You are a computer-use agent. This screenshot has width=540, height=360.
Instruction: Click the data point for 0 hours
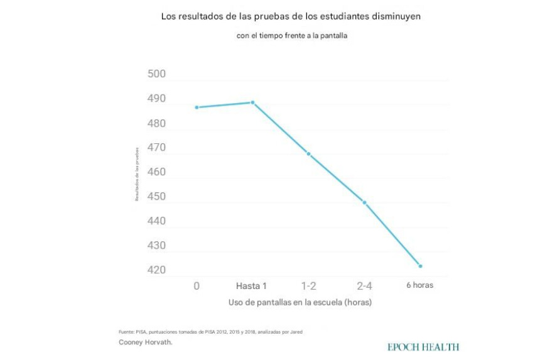pos(197,107)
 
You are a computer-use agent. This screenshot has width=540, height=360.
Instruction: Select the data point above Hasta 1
pos(252,102)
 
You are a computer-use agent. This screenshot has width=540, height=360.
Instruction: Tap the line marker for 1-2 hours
pos(308,154)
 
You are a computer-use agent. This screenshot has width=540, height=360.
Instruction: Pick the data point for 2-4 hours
pos(364,202)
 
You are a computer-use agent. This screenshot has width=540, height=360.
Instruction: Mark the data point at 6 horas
pos(420,266)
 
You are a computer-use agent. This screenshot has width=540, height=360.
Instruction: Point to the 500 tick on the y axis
pos(156,75)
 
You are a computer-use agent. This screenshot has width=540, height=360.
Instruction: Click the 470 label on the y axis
pos(156,148)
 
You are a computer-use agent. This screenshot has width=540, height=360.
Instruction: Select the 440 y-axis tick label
pos(156,221)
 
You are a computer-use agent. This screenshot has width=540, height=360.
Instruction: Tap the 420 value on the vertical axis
pos(156,271)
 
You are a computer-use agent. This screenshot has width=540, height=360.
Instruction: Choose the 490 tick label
pos(156,99)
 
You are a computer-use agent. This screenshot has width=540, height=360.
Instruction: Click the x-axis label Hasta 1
pos(252,286)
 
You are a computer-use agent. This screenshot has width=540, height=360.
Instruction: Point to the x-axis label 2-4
pos(364,286)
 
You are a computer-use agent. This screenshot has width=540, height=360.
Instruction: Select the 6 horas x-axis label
pos(419,285)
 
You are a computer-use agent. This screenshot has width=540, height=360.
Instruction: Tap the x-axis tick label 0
pos(197,286)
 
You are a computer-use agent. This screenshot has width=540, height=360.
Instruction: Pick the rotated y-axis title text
pos(136,173)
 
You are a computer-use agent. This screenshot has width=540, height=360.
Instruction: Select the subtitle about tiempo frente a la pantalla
pos(292,36)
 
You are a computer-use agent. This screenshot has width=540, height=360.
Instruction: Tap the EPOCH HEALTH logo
pos(423,347)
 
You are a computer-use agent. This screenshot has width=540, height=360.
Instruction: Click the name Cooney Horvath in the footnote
pos(144,342)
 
